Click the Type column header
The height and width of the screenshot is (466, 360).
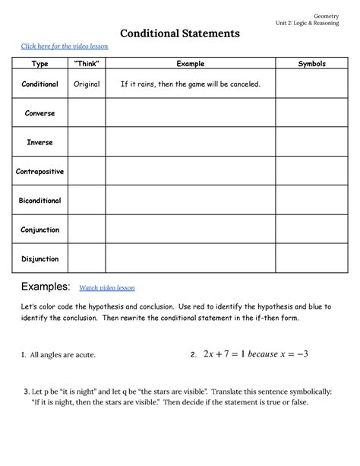(x=39, y=65)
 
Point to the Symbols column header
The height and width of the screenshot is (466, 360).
(x=311, y=65)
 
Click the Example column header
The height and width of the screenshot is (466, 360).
(x=190, y=65)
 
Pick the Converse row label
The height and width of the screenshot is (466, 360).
(x=39, y=113)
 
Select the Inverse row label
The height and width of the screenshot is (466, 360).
(x=39, y=142)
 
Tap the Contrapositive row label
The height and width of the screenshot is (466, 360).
(x=39, y=172)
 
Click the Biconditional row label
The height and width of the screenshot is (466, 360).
(x=39, y=201)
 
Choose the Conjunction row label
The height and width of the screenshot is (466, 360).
(x=39, y=230)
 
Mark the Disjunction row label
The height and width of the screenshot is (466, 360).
(x=39, y=258)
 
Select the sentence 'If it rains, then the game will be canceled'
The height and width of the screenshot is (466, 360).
(x=190, y=84)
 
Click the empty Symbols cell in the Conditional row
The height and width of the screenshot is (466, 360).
(x=311, y=84)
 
